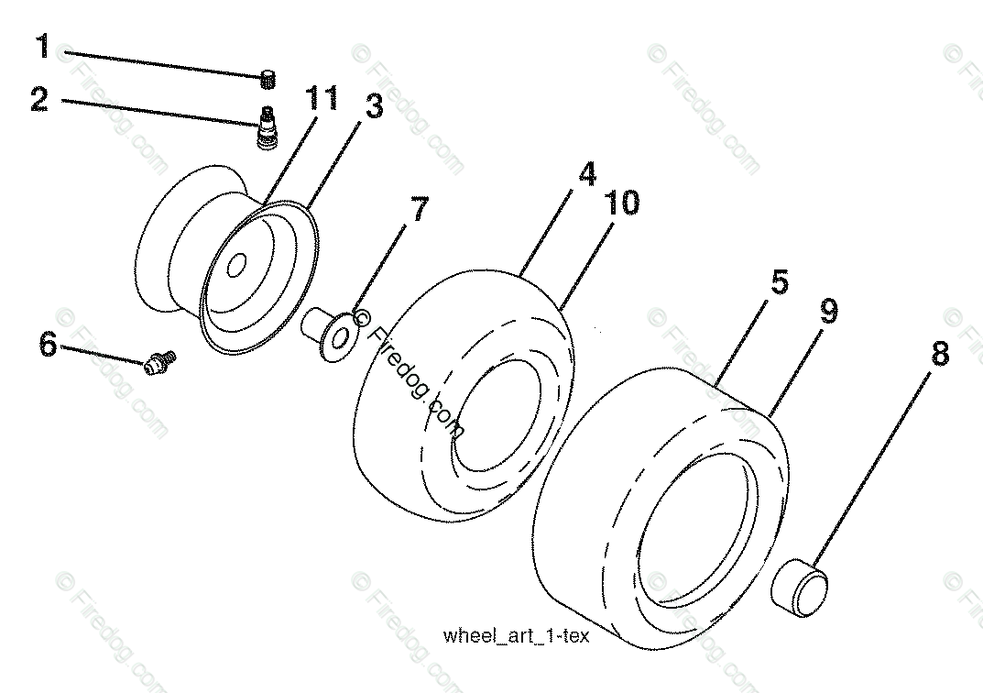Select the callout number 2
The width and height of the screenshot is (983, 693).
[38, 99]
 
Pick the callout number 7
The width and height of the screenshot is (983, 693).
[418, 210]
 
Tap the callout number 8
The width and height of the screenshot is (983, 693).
[940, 354]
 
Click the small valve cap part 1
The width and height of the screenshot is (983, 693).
[268, 79]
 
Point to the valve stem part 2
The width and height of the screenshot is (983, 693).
[267, 129]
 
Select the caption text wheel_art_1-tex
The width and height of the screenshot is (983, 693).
[515, 635]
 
